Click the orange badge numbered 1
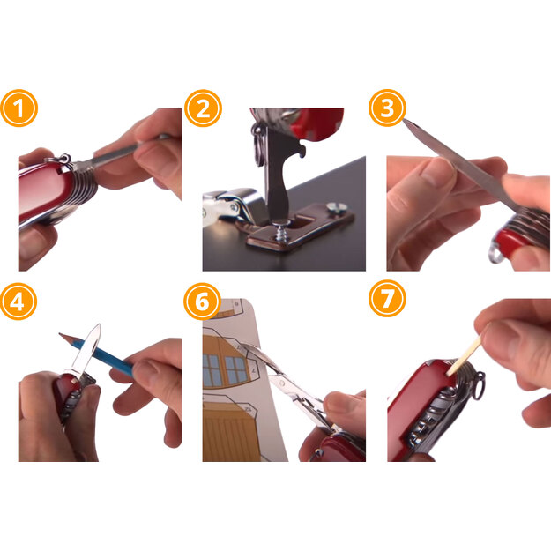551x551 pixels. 19,108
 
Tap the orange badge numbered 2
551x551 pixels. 203,108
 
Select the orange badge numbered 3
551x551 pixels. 387,108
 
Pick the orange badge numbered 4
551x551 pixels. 19,302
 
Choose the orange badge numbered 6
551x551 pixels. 202,302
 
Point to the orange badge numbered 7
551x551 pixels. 387,299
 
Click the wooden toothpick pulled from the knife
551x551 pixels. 464,354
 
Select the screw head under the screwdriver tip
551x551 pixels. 282,223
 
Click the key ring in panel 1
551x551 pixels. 63,159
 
